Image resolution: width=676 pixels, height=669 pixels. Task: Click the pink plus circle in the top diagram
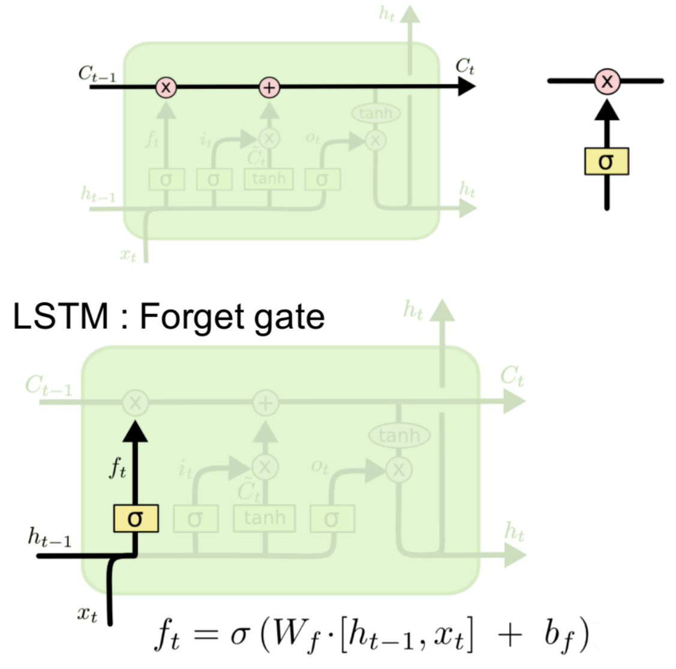(x=269, y=88)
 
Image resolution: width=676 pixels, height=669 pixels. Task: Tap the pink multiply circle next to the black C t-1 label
(x=166, y=88)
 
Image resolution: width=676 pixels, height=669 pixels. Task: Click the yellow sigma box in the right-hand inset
(x=606, y=161)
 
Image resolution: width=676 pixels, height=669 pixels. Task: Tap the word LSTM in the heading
(x=60, y=316)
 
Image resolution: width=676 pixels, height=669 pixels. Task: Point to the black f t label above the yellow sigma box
(x=118, y=467)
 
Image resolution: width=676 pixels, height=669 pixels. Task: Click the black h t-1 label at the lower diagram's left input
(x=49, y=538)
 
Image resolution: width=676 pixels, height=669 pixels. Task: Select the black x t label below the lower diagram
(x=87, y=614)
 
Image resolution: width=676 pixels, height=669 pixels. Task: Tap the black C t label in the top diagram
(x=464, y=66)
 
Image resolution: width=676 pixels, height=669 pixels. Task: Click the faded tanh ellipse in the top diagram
(x=375, y=113)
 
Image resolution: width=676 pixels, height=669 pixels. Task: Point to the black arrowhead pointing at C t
(x=465, y=88)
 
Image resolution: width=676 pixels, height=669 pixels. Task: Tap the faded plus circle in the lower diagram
(x=265, y=403)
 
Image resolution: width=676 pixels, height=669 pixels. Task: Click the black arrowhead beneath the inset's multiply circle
(x=607, y=110)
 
